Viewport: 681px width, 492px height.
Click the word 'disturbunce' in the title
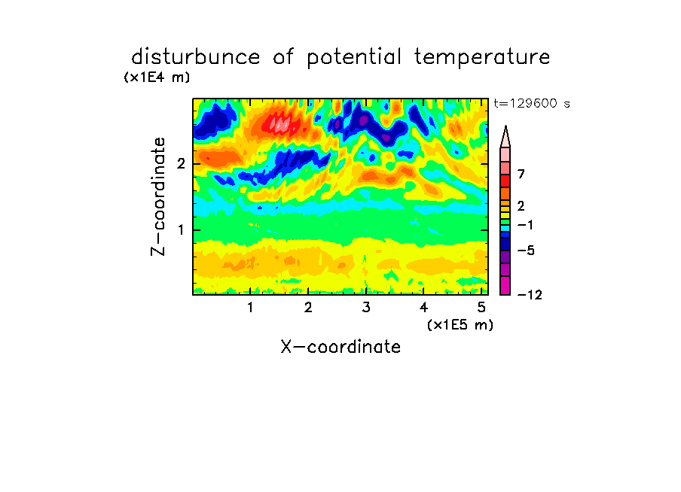click(196, 56)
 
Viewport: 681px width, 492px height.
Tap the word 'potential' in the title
click(354, 57)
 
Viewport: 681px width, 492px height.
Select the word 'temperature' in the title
click(482, 57)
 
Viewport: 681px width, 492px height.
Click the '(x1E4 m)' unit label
click(157, 77)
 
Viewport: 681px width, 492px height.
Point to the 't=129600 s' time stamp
click(532, 103)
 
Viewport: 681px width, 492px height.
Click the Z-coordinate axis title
click(158, 196)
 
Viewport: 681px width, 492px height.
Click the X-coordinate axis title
click(340, 347)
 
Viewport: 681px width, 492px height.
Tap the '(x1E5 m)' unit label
click(460, 325)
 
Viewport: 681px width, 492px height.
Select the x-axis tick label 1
click(251, 307)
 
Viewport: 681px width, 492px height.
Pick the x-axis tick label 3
click(366, 307)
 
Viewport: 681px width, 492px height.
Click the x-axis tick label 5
click(481, 307)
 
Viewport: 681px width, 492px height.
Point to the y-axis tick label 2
click(181, 164)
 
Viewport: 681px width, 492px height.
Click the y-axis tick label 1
click(181, 229)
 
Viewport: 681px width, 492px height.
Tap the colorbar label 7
click(521, 174)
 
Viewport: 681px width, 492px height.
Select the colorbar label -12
click(530, 295)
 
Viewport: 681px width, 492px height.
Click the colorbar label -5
click(526, 251)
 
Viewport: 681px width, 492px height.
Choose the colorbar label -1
click(525, 225)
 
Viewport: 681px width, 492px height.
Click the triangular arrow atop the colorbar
click(505, 136)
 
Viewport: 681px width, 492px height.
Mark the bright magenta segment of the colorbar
click(505, 285)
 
